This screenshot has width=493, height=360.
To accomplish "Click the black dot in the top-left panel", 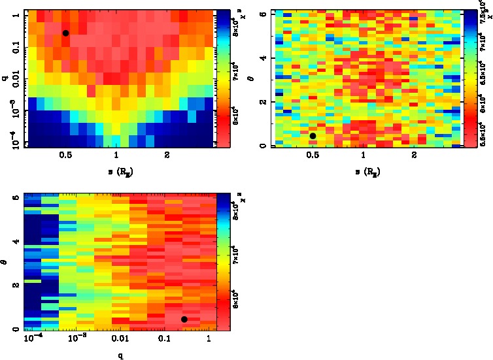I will point(65,33).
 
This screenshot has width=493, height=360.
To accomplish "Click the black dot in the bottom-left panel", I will point(184,319).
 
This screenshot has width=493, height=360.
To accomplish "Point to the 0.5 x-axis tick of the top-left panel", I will point(65,155).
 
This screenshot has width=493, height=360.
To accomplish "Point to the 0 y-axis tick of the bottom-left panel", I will point(15,329).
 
